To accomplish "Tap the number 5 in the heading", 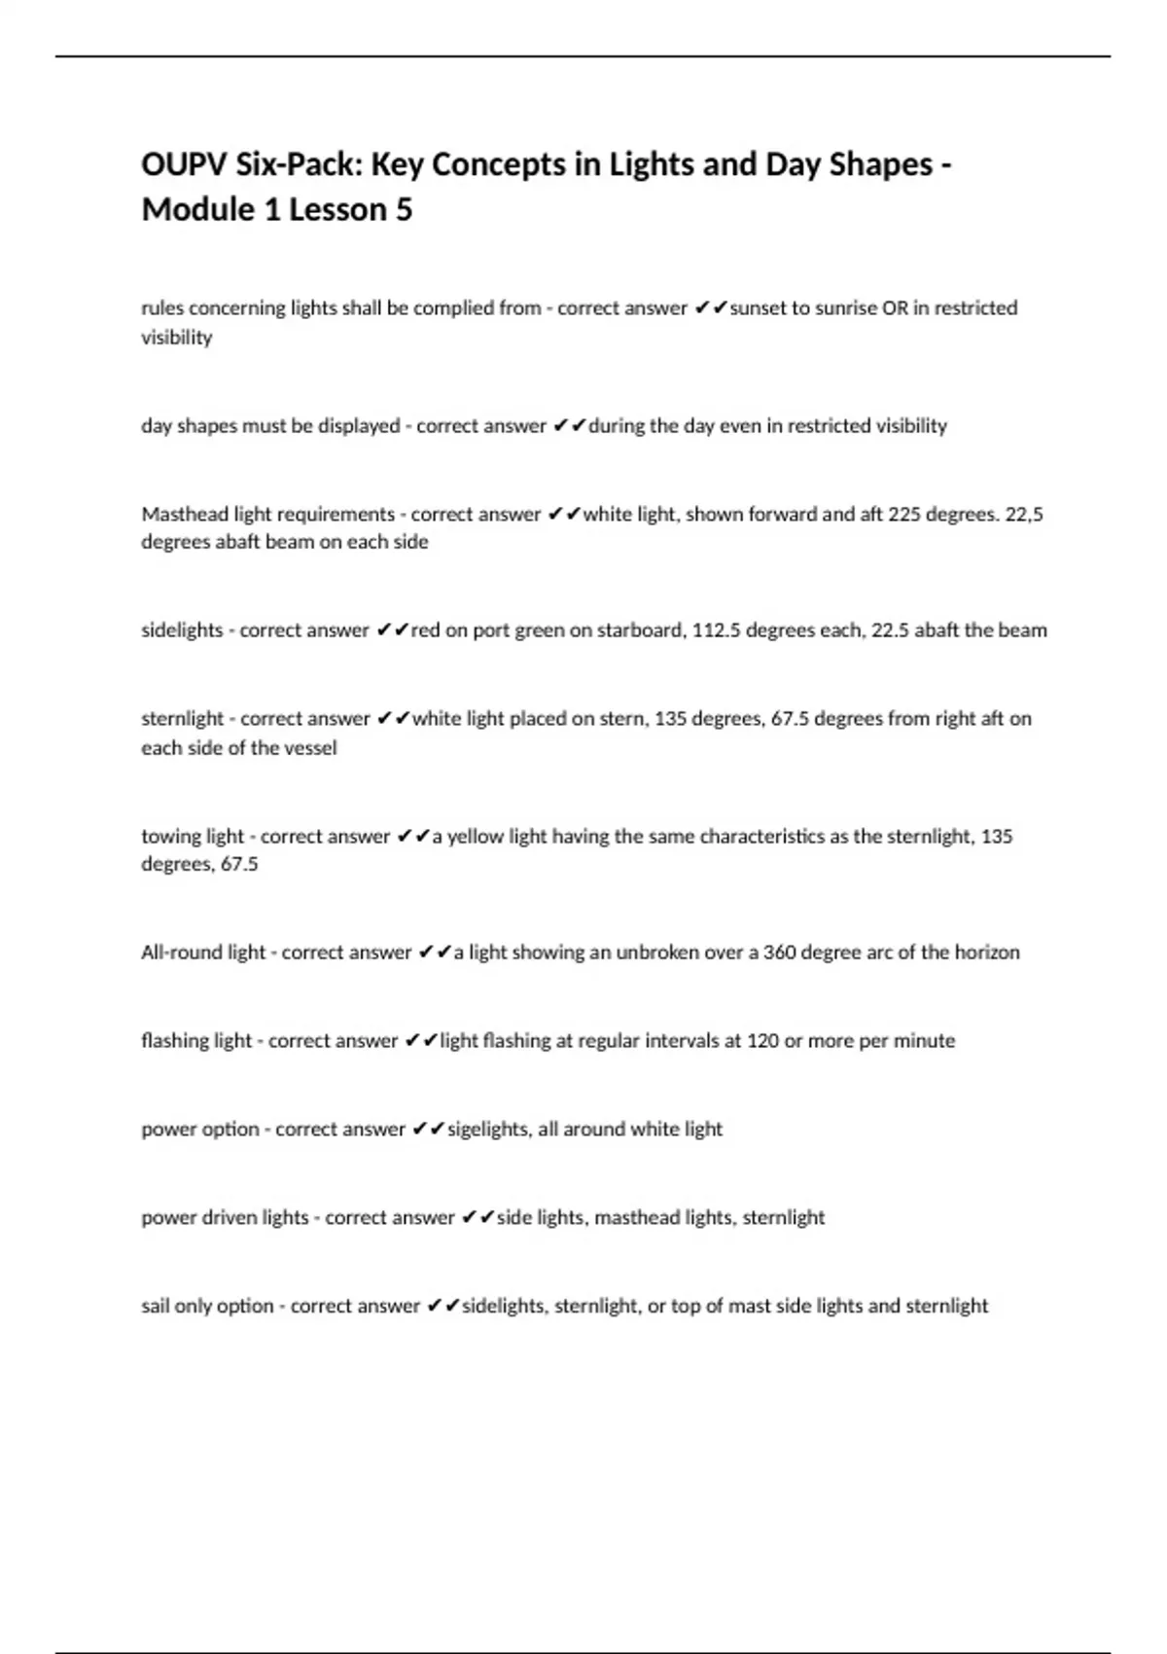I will [404, 209].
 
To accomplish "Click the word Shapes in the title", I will [881, 164].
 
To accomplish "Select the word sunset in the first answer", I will [759, 308].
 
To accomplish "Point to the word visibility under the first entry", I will [176, 338].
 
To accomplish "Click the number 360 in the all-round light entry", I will [780, 953].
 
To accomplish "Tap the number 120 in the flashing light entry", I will [762, 1041].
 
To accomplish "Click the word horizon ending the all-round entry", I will [986, 953].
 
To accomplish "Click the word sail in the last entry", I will [156, 1306].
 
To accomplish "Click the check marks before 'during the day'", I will [569, 426].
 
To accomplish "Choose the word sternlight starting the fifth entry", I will [183, 719].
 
